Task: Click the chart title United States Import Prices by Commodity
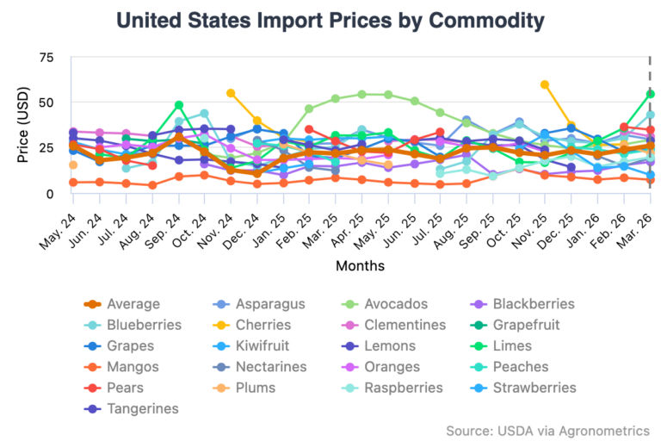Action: (x=330, y=19)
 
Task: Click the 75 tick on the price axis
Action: (x=44, y=58)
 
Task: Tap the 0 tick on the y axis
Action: (x=49, y=193)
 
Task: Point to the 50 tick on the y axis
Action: (x=44, y=102)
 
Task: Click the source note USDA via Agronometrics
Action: (x=547, y=430)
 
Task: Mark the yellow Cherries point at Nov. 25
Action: (x=544, y=84)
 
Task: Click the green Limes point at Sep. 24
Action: (x=178, y=105)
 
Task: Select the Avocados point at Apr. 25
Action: (x=361, y=94)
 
